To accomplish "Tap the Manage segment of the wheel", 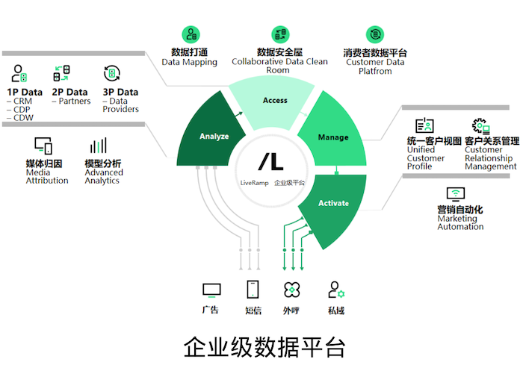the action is (x=333, y=137).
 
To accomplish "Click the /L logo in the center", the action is (x=270, y=162).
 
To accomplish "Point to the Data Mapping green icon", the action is (x=191, y=34).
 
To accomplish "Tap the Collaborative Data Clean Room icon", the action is (x=280, y=34).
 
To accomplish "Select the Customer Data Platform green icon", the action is (x=375, y=34).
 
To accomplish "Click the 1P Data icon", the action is (x=19, y=73).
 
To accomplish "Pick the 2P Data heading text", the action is (x=69, y=92).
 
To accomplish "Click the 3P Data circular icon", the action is (x=112, y=73).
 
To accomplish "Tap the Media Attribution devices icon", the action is (x=43, y=146).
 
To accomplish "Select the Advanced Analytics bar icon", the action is (x=99, y=146).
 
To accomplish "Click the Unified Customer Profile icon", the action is (x=424, y=125).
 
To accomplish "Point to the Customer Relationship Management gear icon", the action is (x=480, y=126).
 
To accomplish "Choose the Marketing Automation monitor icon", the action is (x=456, y=194).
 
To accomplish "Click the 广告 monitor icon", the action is (x=211, y=290).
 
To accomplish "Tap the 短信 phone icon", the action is (x=253, y=289).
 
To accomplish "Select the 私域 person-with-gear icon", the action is (x=336, y=290).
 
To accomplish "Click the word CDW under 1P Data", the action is (x=23, y=118).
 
